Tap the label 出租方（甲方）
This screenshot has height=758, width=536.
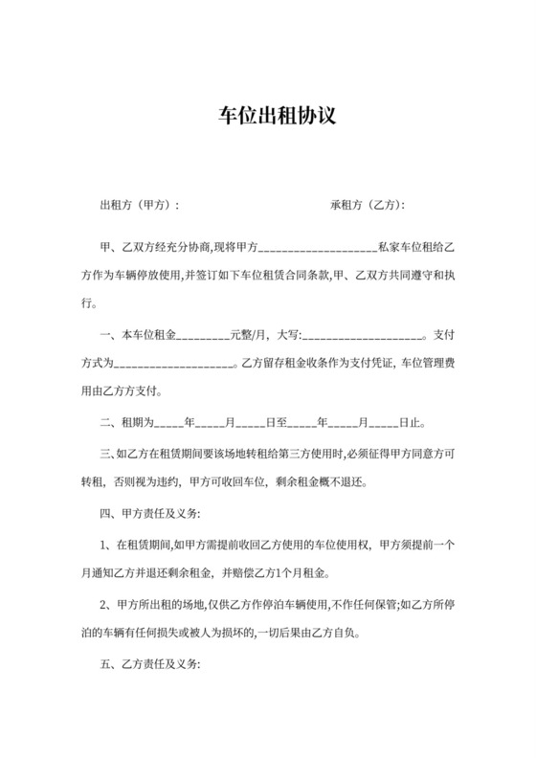coord(139,205)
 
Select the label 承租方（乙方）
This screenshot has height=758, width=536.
coord(368,205)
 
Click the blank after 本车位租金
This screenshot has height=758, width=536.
coord(201,336)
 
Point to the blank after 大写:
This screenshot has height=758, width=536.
coord(364,336)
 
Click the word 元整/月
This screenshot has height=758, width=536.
coord(246,335)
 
